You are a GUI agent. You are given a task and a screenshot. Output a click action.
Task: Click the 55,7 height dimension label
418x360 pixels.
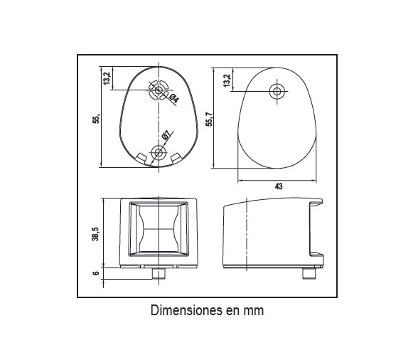coord(210,119)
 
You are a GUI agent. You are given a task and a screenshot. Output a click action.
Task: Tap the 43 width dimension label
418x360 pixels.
coord(279,186)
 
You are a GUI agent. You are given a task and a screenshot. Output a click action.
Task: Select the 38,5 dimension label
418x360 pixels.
coord(95,234)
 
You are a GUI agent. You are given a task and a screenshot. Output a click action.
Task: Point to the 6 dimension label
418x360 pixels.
coord(96,273)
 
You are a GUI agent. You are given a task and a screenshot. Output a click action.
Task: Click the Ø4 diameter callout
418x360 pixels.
coord(173,99)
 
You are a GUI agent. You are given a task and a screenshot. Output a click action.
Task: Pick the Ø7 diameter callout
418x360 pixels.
coord(166,135)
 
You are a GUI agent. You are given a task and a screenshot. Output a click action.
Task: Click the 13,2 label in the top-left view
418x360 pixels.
coord(107,78)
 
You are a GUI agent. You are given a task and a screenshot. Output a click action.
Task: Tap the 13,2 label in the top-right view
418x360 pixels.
coord(226,80)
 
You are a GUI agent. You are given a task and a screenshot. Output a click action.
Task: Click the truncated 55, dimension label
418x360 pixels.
coord(96,118)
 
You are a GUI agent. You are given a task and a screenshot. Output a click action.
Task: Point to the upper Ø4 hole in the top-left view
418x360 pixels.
coord(159,90)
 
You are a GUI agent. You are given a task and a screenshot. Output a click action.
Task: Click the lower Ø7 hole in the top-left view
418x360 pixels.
coord(159,153)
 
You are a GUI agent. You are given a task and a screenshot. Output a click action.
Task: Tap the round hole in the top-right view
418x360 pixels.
coord(277,92)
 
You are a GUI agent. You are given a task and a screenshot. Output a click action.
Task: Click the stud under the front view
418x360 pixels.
coord(159,273)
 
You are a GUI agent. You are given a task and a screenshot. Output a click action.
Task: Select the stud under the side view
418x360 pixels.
coord(309,273)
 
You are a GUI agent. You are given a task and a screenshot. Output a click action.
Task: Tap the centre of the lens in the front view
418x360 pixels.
coord(159,229)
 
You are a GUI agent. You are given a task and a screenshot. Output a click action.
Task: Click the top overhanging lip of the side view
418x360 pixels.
coord(316,202)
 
